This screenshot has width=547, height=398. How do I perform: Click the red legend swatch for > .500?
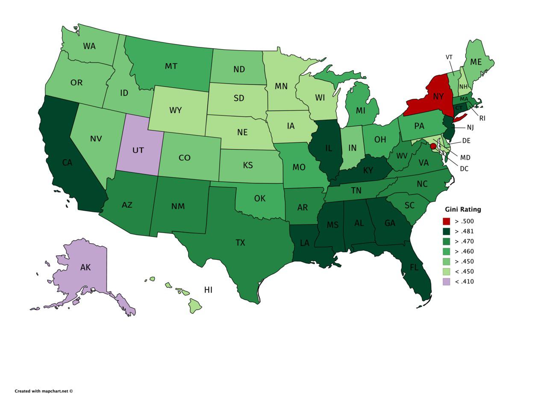click(x=446, y=221)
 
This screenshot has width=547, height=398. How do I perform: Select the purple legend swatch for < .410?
click(x=446, y=281)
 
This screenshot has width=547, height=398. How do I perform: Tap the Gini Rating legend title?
click(x=463, y=209)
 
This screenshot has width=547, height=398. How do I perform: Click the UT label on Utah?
click(x=138, y=150)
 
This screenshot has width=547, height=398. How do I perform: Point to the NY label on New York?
click(x=438, y=96)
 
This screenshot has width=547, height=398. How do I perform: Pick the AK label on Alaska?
click(x=85, y=267)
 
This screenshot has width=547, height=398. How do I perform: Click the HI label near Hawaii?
click(x=208, y=290)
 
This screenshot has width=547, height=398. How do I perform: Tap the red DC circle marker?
click(x=433, y=146)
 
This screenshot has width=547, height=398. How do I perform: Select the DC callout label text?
click(x=464, y=169)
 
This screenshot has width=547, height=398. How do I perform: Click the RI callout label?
click(x=482, y=118)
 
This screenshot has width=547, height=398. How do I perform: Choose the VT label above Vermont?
click(x=449, y=57)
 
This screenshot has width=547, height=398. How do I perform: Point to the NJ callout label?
click(x=470, y=127)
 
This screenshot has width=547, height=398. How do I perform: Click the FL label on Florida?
click(x=414, y=268)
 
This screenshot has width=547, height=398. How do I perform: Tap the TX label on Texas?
click(x=240, y=242)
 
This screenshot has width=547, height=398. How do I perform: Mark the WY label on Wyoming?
click(x=176, y=110)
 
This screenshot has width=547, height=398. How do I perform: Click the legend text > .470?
click(x=464, y=241)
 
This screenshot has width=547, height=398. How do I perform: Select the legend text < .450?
click(x=464, y=271)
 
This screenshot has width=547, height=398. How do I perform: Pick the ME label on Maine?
click(x=476, y=62)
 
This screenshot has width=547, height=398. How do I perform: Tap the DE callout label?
click(x=466, y=141)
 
